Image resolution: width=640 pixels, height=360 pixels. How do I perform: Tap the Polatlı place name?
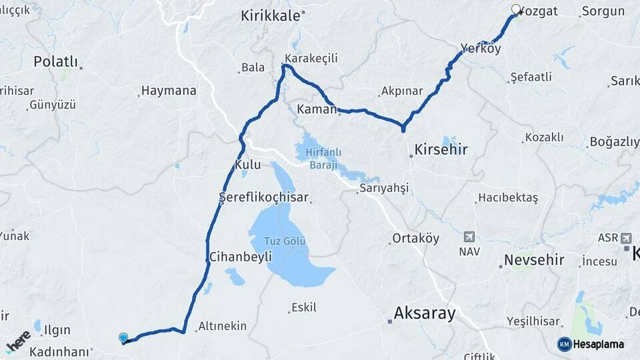55,62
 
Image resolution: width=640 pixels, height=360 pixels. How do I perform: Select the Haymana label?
169,91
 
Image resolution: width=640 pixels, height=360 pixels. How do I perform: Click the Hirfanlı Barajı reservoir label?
323,159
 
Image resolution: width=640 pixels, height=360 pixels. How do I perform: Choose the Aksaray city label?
425,313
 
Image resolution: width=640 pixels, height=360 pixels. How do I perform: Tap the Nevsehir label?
534,260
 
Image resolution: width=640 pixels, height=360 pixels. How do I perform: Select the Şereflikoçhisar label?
263,197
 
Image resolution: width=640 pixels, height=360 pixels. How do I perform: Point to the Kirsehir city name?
441,149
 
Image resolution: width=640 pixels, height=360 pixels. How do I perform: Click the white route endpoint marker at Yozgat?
515,9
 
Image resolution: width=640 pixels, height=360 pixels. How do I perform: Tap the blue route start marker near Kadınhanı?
123,338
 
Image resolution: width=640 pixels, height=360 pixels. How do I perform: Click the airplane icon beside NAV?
469,237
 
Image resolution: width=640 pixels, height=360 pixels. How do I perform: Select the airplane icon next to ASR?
626,238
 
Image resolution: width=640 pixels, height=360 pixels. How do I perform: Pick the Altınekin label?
222,327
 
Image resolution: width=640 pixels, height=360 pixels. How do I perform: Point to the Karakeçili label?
311,59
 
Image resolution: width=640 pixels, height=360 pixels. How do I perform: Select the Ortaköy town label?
416,239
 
